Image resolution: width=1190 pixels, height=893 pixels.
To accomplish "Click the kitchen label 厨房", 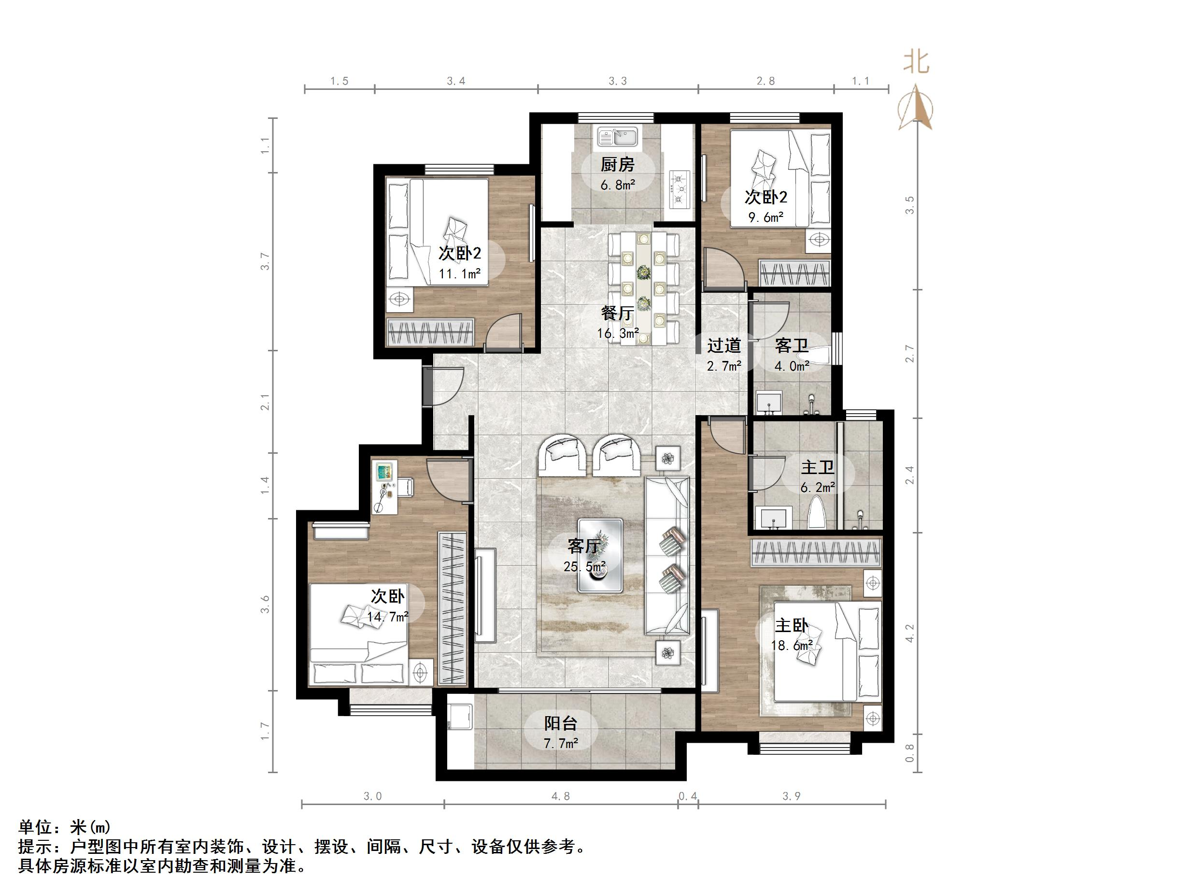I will click(x=618, y=165).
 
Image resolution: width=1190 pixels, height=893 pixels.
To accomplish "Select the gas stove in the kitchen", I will click(x=679, y=189).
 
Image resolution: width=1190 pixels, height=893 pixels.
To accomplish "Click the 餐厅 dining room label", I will click(x=617, y=313).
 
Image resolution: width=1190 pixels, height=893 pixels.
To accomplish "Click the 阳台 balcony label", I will click(x=561, y=723).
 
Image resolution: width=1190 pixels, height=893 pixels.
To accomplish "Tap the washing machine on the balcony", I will click(x=460, y=713).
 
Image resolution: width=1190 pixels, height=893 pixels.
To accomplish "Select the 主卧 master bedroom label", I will click(x=791, y=625).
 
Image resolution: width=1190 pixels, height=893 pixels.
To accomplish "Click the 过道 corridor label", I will click(x=723, y=346).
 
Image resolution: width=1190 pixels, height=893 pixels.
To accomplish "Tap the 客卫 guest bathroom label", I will click(x=792, y=346).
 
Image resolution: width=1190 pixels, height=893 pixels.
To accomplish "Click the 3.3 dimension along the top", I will click(x=618, y=81).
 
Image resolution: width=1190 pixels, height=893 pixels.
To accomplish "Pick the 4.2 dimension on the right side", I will click(x=910, y=633).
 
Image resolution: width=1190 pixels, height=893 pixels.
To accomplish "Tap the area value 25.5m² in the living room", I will click(x=584, y=566).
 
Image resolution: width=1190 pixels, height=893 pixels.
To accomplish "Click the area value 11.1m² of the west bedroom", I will click(x=459, y=274).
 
